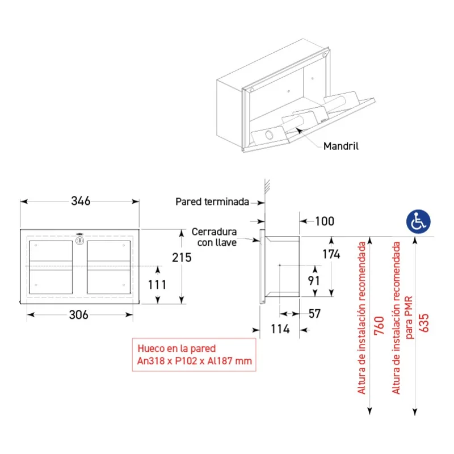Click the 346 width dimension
pyautogui.click(x=81, y=201)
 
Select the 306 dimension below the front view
pyautogui.click(x=78, y=315)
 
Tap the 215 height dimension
pyautogui.click(x=182, y=258)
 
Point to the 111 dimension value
pyautogui.click(x=157, y=285)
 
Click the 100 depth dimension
pyautogui.click(x=325, y=221)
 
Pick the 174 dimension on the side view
pyautogui.click(x=331, y=254)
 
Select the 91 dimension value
pyautogui.click(x=314, y=280)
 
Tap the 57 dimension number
pyautogui.click(x=315, y=314)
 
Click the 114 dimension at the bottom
pyautogui.click(x=280, y=329)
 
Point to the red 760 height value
pyautogui.click(x=379, y=326)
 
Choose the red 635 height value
pyautogui.click(x=423, y=323)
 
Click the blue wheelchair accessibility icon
pyautogui.click(x=418, y=221)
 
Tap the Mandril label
pyautogui.click(x=341, y=146)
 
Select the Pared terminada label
pyautogui.click(x=212, y=202)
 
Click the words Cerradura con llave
pyautogui.click(x=215, y=237)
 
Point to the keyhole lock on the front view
pyautogui.click(x=79, y=240)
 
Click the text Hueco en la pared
pyautogui.click(x=176, y=348)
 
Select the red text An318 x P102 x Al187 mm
pyautogui.click(x=195, y=361)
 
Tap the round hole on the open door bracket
pyautogui.click(x=269, y=134)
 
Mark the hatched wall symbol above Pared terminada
pyautogui.click(x=267, y=186)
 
